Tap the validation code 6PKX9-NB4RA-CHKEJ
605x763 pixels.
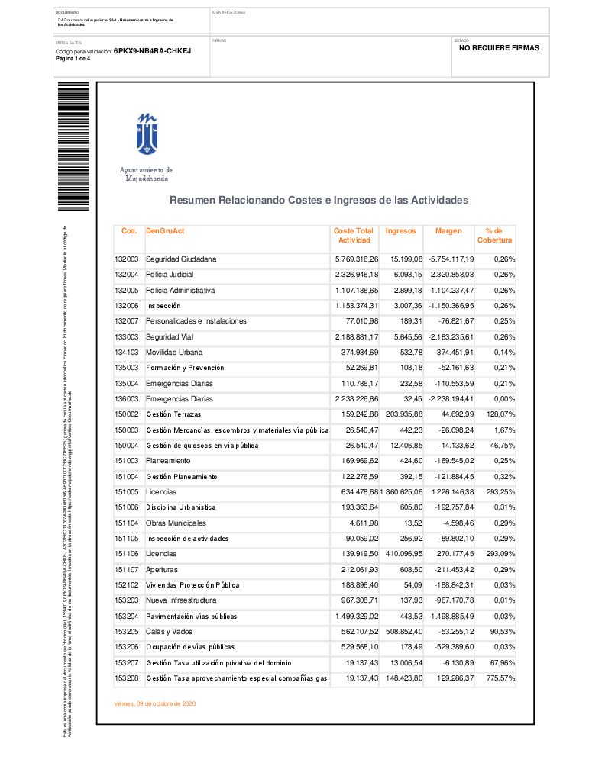152,51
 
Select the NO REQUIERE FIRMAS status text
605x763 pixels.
499,47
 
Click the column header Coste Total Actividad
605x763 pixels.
354,236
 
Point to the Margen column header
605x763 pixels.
448,230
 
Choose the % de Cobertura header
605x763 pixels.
494,236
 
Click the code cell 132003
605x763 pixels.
126,259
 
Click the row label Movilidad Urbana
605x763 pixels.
174,353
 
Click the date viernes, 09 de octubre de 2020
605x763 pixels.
154,703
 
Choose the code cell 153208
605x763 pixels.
126,678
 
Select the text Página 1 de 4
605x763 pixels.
73,59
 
